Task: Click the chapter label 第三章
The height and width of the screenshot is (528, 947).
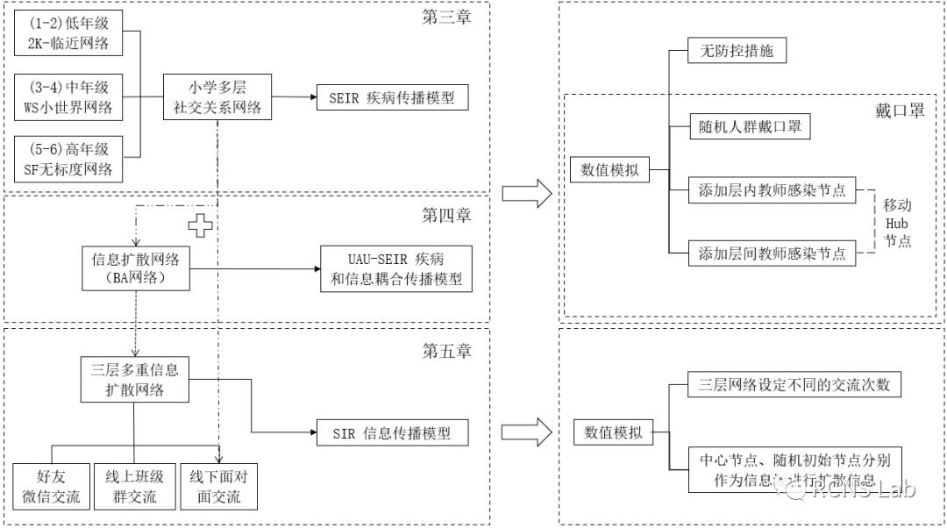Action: point(446,17)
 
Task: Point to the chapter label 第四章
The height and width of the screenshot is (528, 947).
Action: point(446,215)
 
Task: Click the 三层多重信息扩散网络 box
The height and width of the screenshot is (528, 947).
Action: point(134,379)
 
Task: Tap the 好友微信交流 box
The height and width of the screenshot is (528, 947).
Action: point(51,487)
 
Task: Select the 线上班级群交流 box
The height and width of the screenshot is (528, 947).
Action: point(134,487)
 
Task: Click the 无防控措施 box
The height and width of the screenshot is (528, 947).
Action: point(737,52)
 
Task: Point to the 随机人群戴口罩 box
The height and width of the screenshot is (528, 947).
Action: point(748,126)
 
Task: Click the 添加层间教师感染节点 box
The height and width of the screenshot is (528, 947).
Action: point(772,254)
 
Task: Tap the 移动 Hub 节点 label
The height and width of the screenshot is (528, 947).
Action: point(896,223)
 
